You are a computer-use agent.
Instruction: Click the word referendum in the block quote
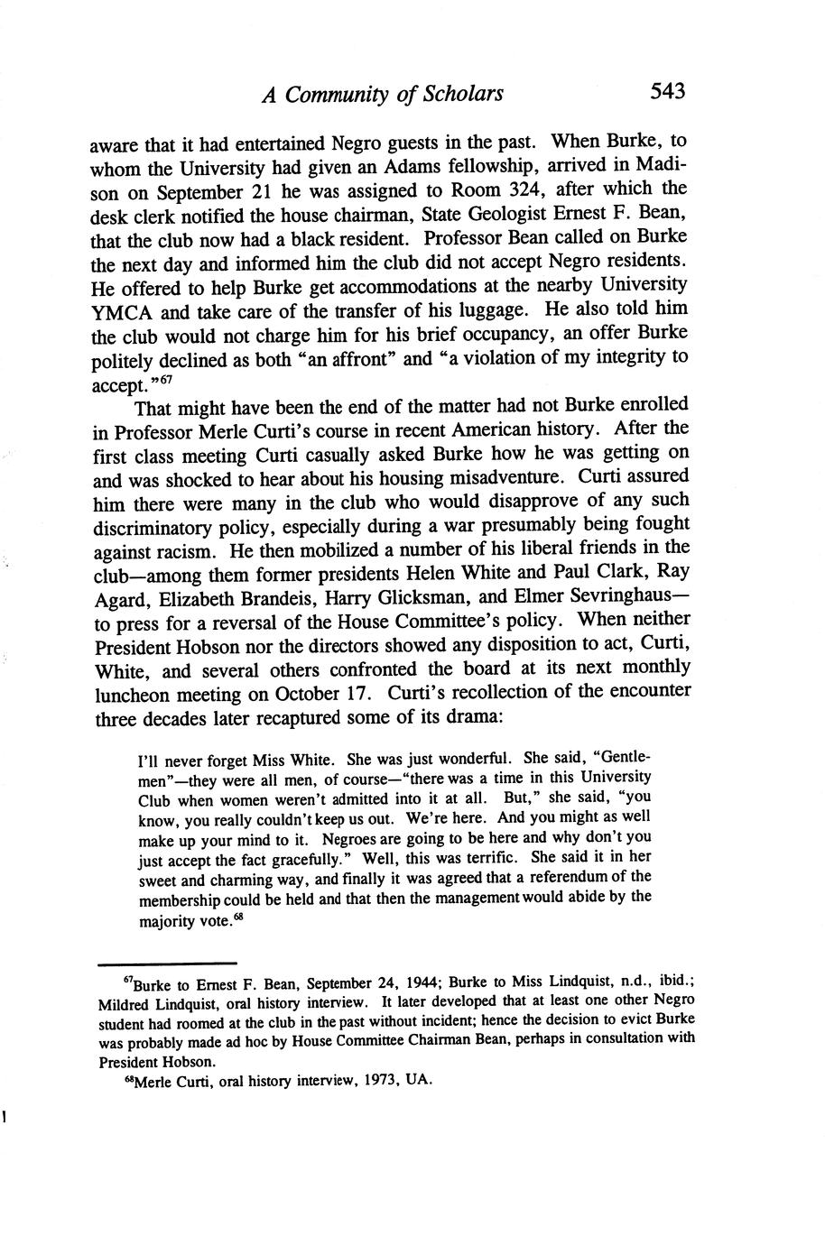tap(563, 877)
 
